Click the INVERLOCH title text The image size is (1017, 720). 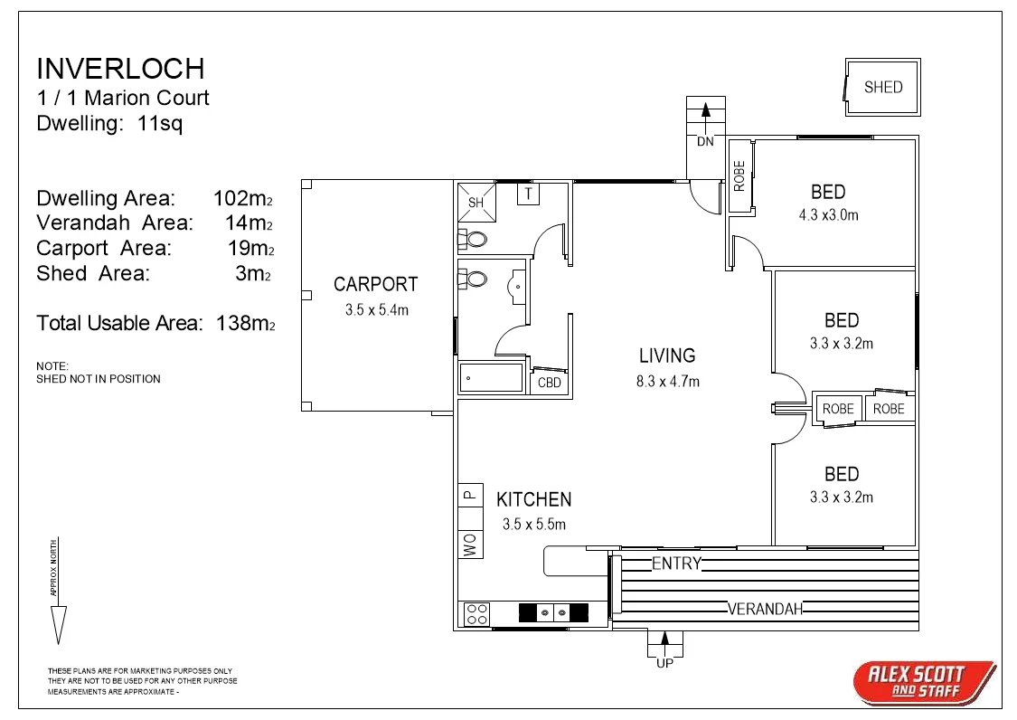coord(120,69)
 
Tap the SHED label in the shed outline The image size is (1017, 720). coord(882,88)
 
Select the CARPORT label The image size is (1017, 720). coord(375,284)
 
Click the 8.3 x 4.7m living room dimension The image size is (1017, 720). coord(667,382)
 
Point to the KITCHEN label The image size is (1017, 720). coord(533,499)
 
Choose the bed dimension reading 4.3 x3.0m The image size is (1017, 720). coord(828,215)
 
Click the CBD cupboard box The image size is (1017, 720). coord(549,383)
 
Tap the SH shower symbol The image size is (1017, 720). coord(476,202)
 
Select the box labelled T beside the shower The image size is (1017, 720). coord(528,194)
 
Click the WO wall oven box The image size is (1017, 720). coord(470,544)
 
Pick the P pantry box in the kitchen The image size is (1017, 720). coord(470,494)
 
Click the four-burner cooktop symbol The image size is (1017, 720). coord(476,614)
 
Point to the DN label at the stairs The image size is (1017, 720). coord(705,142)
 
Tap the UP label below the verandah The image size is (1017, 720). coord(664,662)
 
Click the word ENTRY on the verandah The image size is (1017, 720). coord(676,564)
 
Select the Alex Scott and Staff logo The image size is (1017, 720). coord(924,681)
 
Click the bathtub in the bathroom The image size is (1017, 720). coord(491,377)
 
